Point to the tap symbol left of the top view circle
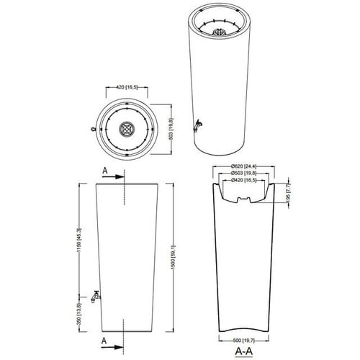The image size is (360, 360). [x=94, y=130]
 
